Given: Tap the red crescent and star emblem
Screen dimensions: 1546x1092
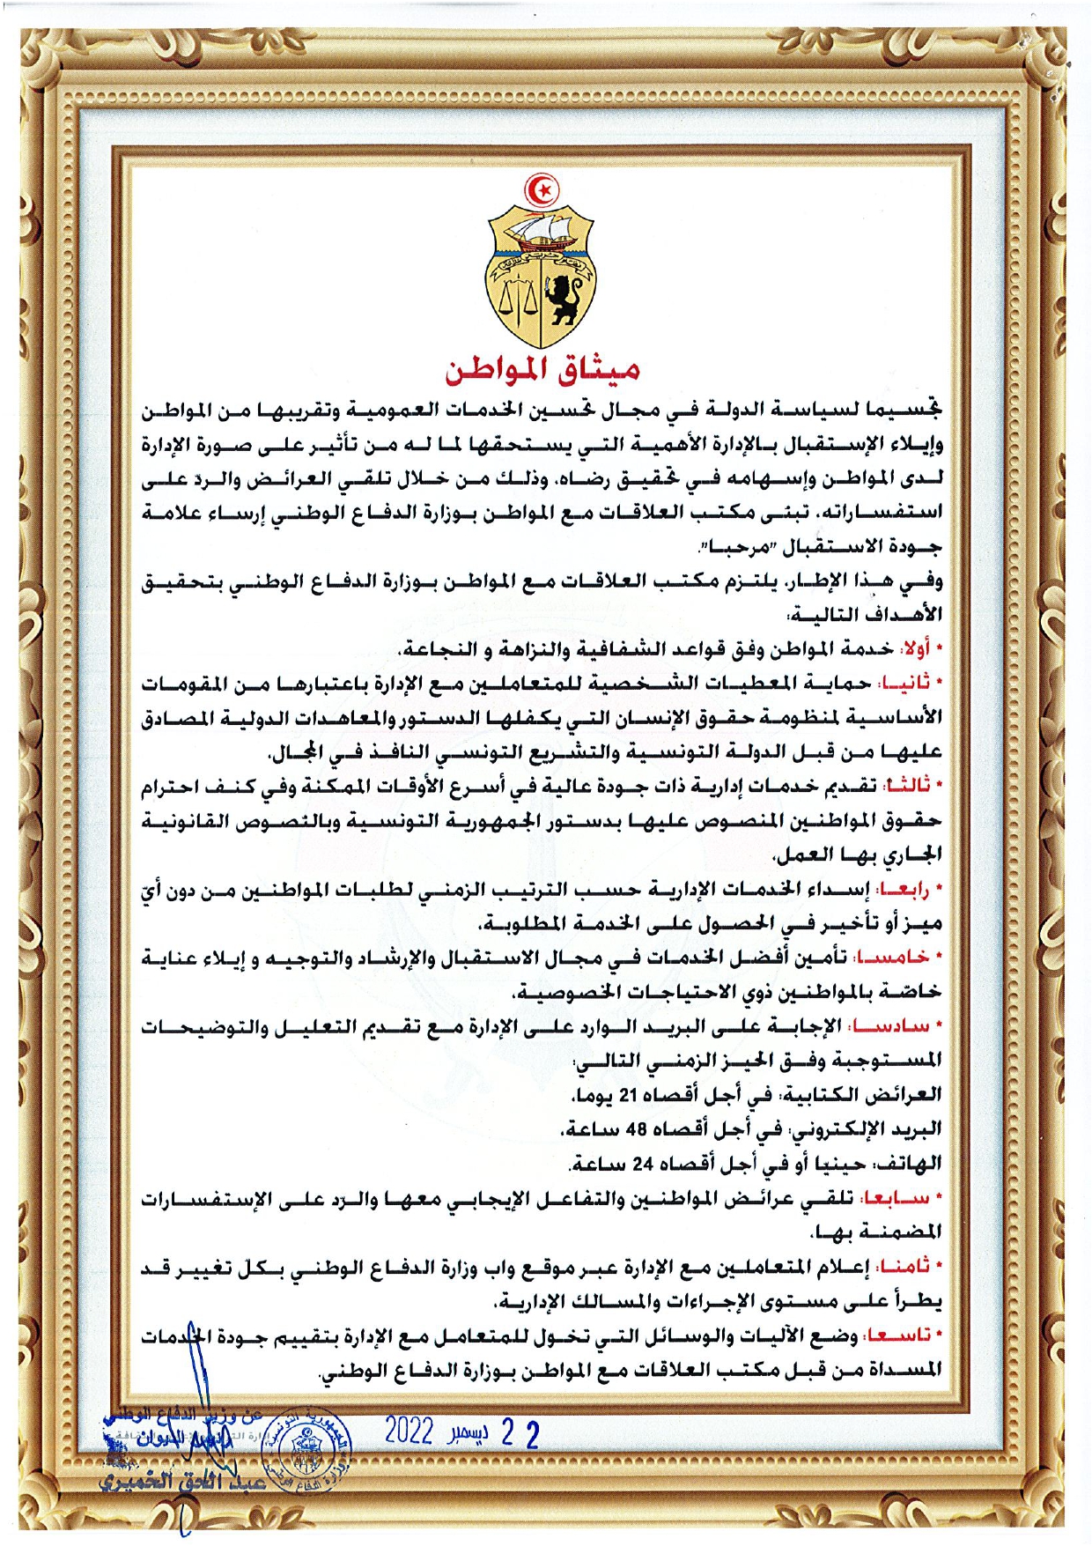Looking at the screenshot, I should pyautogui.click(x=542, y=188).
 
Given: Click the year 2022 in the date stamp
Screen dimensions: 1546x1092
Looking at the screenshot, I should pyautogui.click(x=409, y=1431).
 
